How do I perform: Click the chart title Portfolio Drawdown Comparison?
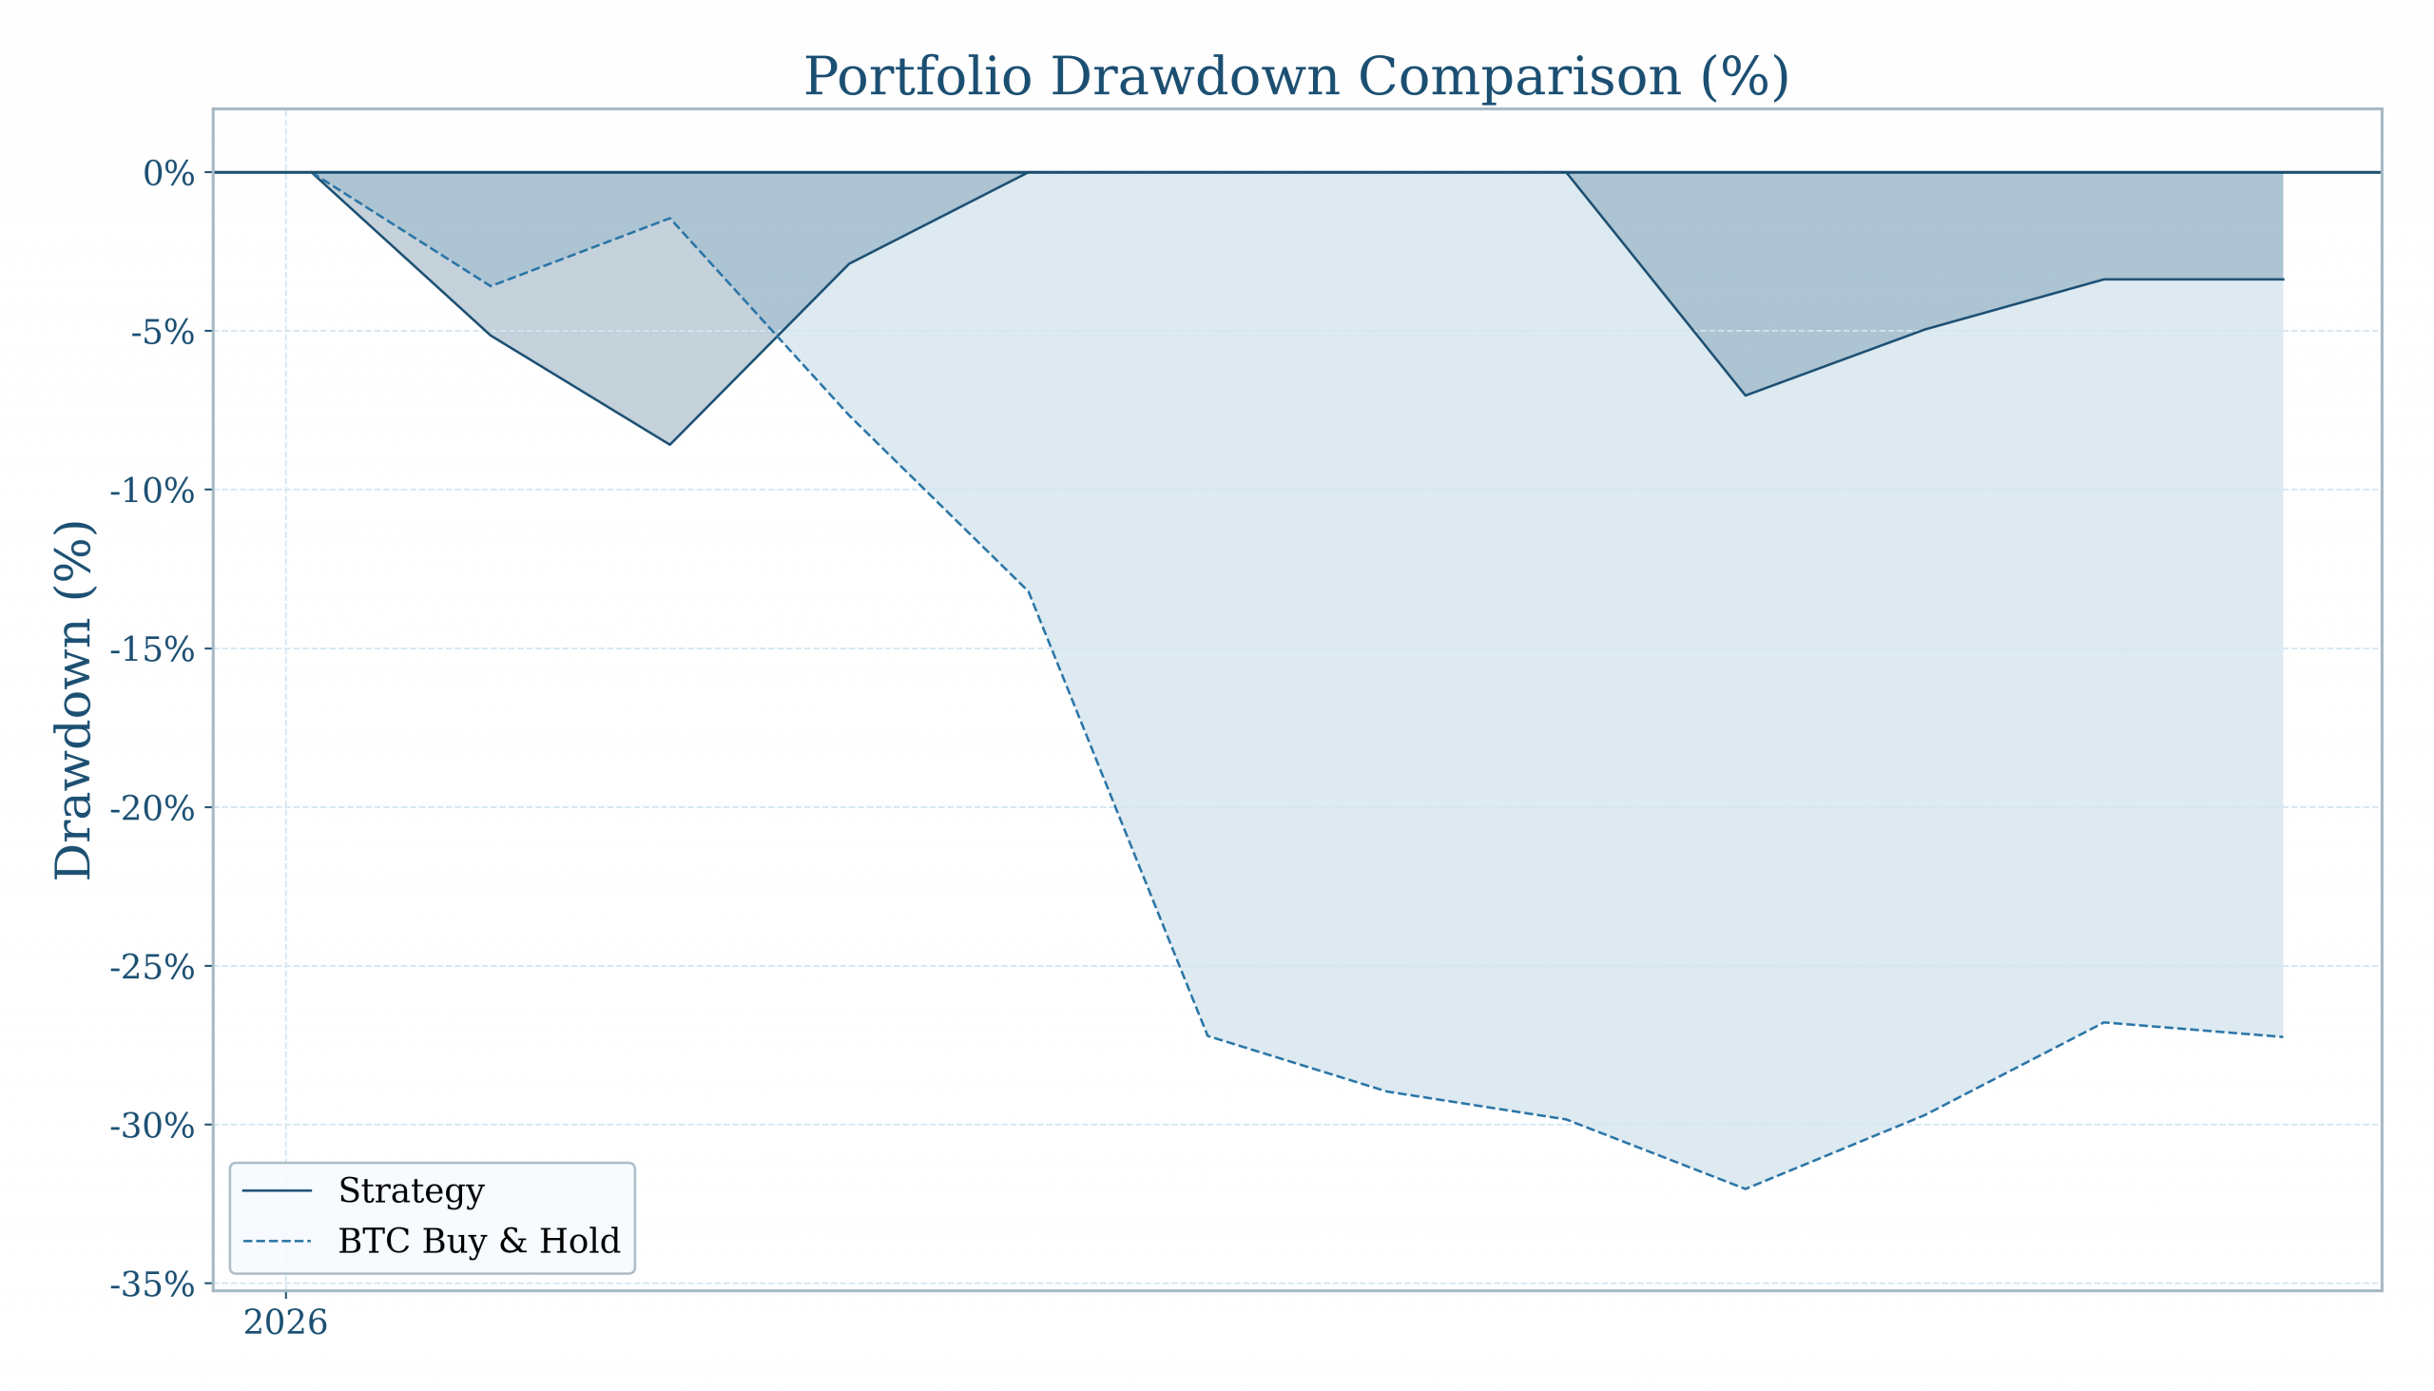point(1295,77)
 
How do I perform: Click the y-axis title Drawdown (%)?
point(73,701)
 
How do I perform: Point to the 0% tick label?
point(168,174)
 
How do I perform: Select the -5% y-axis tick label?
point(163,333)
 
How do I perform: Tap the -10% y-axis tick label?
point(152,491)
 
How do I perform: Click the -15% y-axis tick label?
point(152,649)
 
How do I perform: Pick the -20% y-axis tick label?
point(152,808)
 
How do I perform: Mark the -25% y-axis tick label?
point(152,967)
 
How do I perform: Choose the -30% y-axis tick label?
point(152,1126)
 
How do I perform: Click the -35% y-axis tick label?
point(152,1284)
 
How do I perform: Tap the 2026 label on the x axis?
point(285,1323)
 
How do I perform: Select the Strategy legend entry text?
point(411,1190)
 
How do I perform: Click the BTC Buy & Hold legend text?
point(478,1241)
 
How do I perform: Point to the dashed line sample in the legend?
point(277,1241)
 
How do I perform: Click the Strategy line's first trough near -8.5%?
point(669,444)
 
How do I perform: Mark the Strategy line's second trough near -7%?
point(1746,396)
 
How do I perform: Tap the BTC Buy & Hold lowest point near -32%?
point(1746,1188)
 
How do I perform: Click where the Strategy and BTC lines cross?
point(776,337)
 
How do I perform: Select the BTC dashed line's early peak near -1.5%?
point(669,218)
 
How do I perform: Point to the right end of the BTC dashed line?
point(2283,1036)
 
